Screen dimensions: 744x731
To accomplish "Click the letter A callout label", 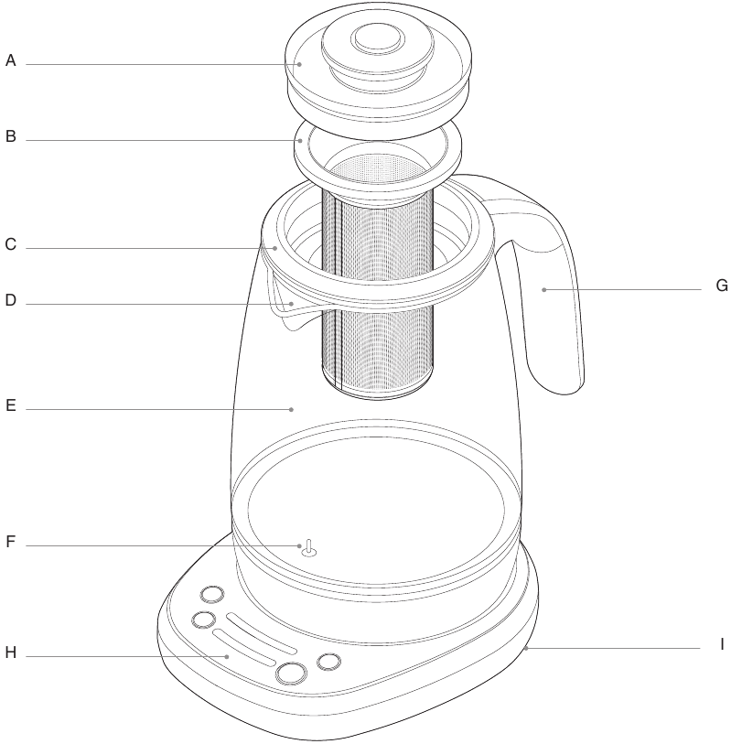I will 11,61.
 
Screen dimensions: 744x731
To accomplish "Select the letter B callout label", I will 11,137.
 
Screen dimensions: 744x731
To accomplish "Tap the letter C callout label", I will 11,244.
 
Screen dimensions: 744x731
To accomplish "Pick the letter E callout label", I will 11,407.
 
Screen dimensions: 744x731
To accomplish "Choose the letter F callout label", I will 11,541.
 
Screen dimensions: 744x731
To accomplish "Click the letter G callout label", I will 721,286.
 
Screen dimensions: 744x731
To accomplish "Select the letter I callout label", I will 721,644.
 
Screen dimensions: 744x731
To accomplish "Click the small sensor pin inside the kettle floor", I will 308,547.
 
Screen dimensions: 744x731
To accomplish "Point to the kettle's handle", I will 549,293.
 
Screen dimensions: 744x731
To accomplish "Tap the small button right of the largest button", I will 328,661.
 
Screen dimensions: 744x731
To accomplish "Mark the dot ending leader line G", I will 543,289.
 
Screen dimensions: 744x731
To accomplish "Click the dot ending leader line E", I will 292,408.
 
